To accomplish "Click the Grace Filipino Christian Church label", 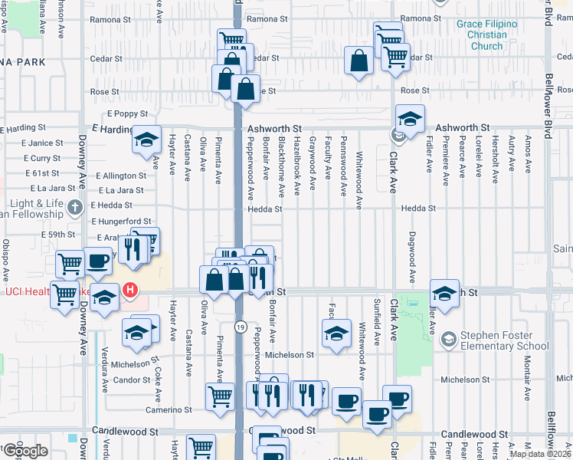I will [x=486, y=35].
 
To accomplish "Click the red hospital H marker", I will [x=131, y=291].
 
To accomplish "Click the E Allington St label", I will [x=120, y=176].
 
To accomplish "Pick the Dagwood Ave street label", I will [x=411, y=257].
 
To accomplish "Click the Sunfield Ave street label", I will [x=376, y=322].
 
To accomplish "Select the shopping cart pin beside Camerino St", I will [x=220, y=396].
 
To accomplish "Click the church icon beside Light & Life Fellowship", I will [x=74, y=206].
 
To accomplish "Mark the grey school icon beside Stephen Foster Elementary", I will [x=448, y=338].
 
